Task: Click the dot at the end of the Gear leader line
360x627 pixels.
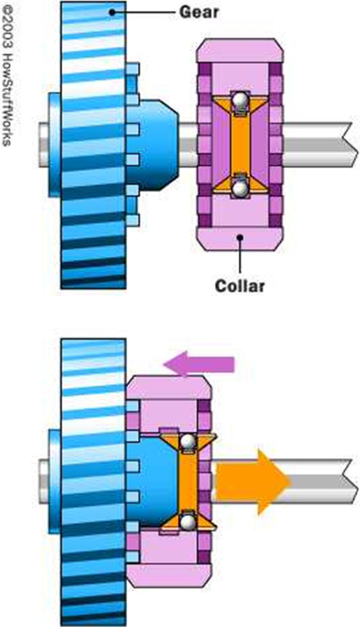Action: [112, 12]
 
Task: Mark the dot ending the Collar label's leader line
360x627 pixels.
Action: [240, 237]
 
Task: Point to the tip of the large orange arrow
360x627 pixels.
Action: [290, 482]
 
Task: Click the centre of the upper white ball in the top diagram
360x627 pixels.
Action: [240, 100]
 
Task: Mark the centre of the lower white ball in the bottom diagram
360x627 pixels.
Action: [187, 521]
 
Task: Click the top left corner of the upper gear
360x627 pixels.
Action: [61, 1]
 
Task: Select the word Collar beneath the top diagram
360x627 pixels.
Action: [240, 286]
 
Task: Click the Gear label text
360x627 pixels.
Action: [199, 12]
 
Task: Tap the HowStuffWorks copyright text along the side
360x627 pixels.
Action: [7, 74]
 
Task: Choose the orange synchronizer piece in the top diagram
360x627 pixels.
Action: [240, 144]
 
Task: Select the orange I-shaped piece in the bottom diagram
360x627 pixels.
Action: [188, 482]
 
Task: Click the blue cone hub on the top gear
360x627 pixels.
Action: [152, 145]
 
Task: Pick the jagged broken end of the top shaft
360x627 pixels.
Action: [352, 145]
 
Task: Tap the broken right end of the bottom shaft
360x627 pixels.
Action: [352, 481]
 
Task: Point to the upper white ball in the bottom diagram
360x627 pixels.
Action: [187, 442]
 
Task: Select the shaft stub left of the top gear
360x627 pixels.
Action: [44, 145]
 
